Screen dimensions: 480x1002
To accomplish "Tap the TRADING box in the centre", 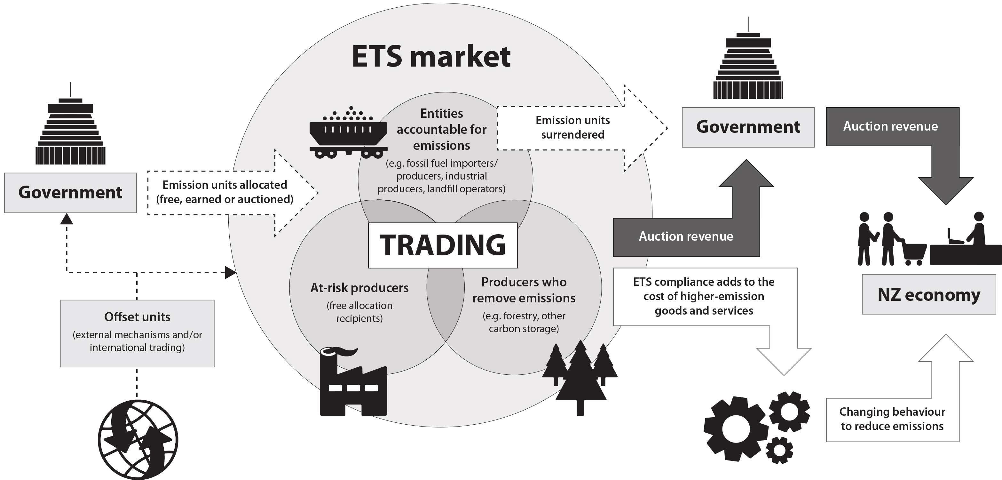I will click(x=443, y=245).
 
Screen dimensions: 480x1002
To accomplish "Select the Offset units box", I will click(x=137, y=333).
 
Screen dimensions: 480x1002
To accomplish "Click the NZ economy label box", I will click(x=929, y=295).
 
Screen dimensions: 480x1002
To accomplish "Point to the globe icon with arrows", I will click(x=138, y=440).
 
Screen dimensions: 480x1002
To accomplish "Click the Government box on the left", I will click(x=70, y=193).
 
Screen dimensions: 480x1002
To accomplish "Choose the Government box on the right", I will click(x=748, y=127).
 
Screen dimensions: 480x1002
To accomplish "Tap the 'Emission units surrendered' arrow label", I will click(x=572, y=127).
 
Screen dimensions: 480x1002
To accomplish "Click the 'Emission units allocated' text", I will click(x=225, y=192).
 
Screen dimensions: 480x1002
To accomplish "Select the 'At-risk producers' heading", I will click(x=359, y=288).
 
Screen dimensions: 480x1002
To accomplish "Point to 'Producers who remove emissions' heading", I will click(x=524, y=290).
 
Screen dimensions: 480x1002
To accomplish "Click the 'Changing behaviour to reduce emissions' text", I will click(x=892, y=419).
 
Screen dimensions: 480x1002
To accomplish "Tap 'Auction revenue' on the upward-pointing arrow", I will click(x=686, y=236).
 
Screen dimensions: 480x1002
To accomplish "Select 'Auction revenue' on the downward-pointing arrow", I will click(x=890, y=126).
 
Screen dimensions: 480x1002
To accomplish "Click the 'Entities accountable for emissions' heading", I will click(x=441, y=129).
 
